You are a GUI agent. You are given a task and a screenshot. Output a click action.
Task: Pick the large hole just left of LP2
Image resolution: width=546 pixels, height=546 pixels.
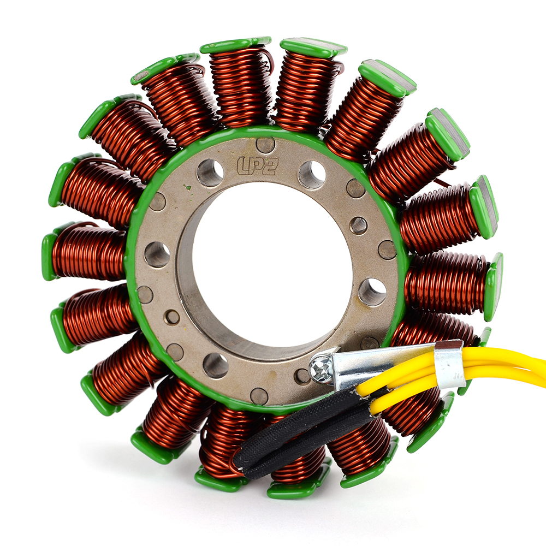coord(210,173)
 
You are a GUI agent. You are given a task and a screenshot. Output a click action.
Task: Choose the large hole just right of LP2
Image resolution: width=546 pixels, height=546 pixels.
coord(312,174)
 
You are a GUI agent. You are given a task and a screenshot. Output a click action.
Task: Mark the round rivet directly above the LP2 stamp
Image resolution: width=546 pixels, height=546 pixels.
coord(265,145)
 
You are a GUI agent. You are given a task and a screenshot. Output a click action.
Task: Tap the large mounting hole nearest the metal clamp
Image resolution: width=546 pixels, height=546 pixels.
coord(372,292)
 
